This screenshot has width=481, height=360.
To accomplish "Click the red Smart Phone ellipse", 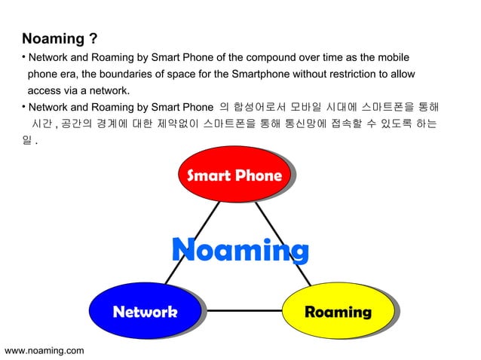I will [x=234, y=176].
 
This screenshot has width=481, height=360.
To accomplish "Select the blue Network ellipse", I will [x=145, y=311].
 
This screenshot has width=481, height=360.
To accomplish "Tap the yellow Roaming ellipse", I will [x=337, y=311].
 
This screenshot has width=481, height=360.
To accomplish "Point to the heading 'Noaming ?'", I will [x=60, y=38].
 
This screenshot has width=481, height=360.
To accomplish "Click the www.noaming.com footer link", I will [x=44, y=350].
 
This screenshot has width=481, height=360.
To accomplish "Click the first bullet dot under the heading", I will [x=23, y=56].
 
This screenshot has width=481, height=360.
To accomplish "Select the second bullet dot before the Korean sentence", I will [x=23, y=106].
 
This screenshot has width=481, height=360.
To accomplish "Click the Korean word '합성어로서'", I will [x=259, y=106].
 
